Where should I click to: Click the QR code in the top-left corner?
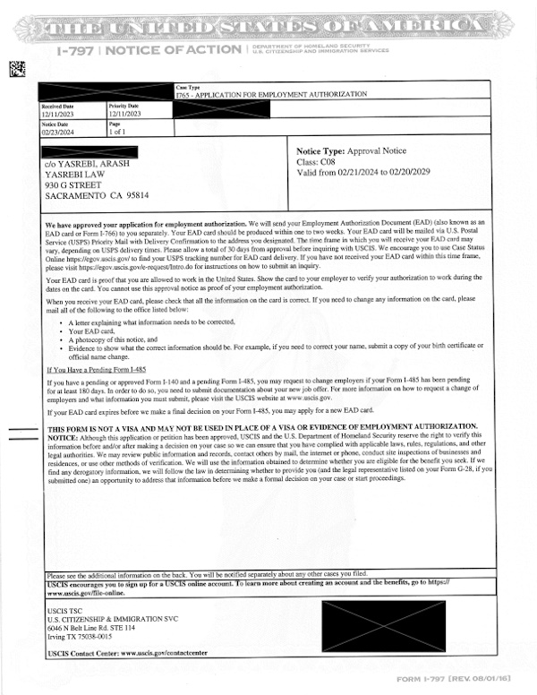point(16,67)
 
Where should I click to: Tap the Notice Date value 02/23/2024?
point(58,131)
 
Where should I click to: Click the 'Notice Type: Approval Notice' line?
point(351,152)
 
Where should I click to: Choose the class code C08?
point(332,162)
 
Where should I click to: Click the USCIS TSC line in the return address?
point(64,610)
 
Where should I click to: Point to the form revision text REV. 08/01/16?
point(487,680)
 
